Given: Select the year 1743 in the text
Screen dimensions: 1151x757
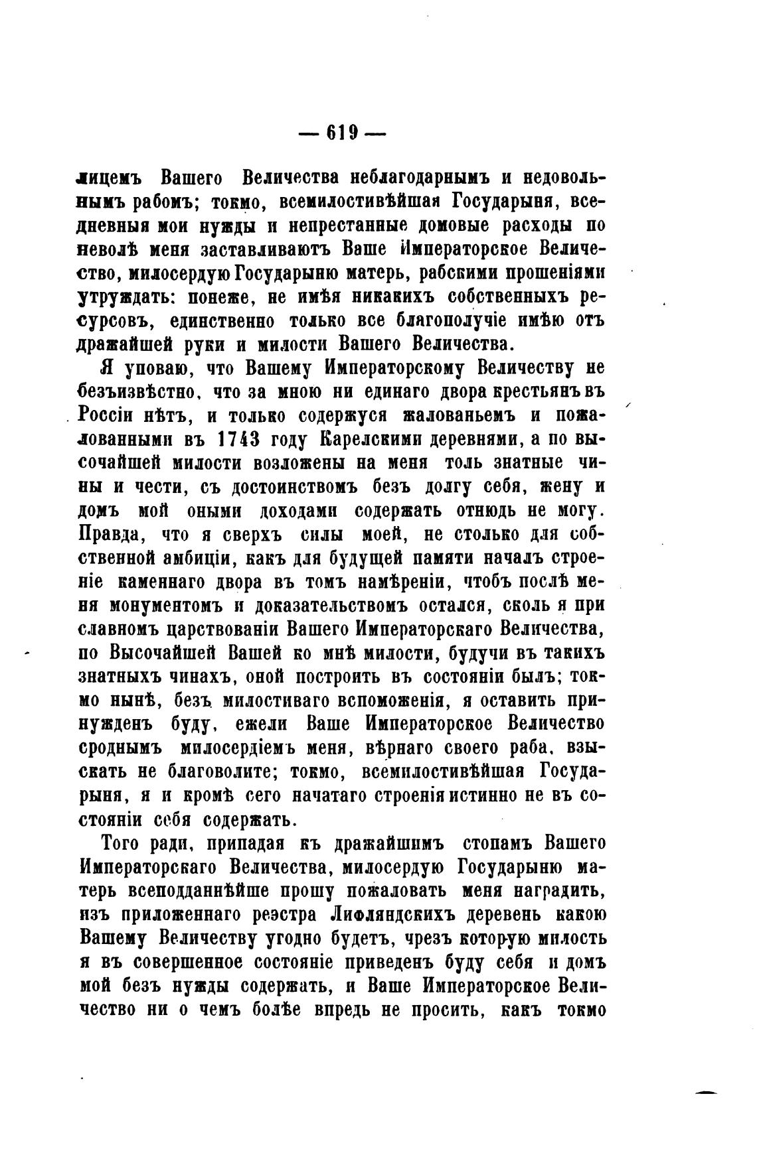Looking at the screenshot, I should tap(240, 440).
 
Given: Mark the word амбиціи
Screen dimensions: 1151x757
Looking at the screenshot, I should tap(197, 559).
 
